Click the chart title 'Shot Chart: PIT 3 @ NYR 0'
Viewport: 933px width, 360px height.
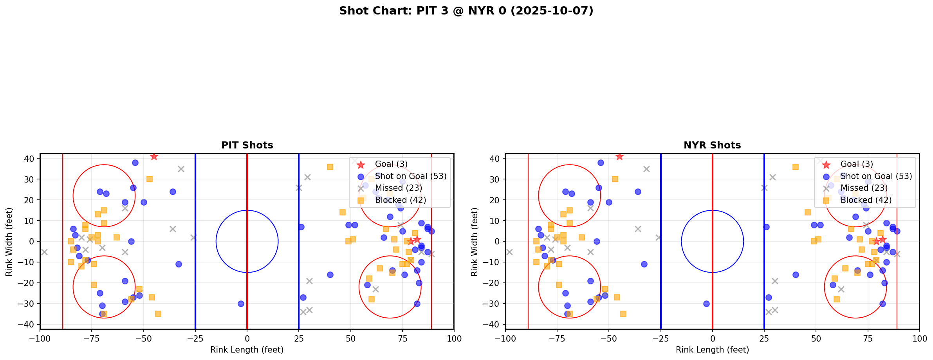(466, 11)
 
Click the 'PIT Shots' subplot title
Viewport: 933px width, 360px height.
(247, 145)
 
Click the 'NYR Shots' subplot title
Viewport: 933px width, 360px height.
(712, 145)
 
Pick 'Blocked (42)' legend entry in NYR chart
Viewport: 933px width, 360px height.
(866, 200)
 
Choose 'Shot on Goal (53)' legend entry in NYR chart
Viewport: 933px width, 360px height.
(876, 176)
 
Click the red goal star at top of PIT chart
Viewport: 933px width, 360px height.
(154, 157)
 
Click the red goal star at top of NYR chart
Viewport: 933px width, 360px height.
(619, 157)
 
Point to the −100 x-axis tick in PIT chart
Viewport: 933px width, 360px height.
(40, 338)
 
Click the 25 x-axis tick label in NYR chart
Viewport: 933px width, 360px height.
(764, 338)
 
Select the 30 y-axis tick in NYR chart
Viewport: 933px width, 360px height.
(495, 179)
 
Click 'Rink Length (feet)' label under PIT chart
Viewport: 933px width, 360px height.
(247, 350)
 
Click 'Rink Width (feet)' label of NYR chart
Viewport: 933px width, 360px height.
(475, 242)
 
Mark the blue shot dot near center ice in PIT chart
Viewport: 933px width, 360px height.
(241, 304)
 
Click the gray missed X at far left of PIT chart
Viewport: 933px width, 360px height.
(44, 252)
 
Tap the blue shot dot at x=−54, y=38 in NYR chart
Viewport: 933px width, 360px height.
(601, 163)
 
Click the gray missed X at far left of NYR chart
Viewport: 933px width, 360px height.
(509, 252)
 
